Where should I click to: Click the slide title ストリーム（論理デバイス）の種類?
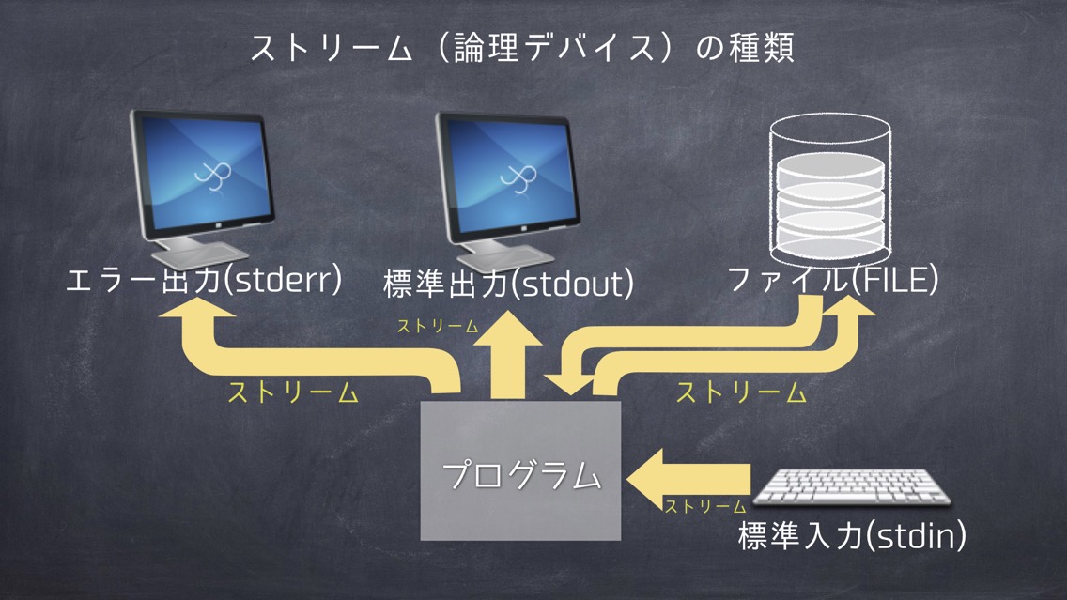pyautogui.click(x=522, y=48)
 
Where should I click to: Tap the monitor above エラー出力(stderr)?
pyautogui.click(x=202, y=187)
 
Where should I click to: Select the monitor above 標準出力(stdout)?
pyautogui.click(x=507, y=191)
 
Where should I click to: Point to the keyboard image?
pyautogui.click(x=852, y=487)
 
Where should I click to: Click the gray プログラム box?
pyautogui.click(x=520, y=470)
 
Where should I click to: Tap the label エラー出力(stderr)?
pyautogui.click(x=204, y=280)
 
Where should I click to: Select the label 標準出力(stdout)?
pyautogui.click(x=508, y=284)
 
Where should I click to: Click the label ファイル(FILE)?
pyautogui.click(x=833, y=280)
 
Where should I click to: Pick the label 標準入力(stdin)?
pyautogui.click(x=852, y=535)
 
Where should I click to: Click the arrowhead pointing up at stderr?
pyautogui.click(x=196, y=308)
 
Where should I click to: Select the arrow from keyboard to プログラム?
pyautogui.click(x=688, y=479)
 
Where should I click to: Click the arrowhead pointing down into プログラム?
pyautogui.click(x=569, y=385)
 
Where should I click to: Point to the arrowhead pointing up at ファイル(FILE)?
pyautogui.click(x=848, y=307)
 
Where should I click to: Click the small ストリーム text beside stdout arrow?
pyautogui.click(x=438, y=327)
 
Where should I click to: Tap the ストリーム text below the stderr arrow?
pyautogui.click(x=293, y=393)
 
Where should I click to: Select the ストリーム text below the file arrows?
pyautogui.click(x=741, y=393)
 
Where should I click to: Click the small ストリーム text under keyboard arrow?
pyautogui.click(x=705, y=506)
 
